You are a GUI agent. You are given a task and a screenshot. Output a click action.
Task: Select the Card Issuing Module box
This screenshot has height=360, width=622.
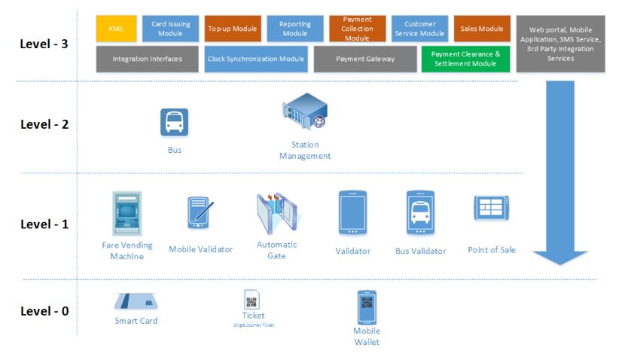[171, 29]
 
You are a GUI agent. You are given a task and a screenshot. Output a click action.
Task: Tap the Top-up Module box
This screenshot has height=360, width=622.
[233, 29]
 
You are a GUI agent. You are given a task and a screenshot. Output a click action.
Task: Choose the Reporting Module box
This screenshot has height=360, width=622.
[294, 29]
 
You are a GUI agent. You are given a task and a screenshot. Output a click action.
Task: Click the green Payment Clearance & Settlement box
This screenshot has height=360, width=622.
[466, 59]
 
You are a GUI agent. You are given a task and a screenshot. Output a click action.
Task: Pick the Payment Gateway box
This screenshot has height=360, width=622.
[364, 59]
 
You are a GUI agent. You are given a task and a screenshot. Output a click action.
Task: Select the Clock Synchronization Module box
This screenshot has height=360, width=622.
[255, 59]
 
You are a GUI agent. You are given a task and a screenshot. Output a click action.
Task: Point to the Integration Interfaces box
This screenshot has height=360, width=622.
[147, 59]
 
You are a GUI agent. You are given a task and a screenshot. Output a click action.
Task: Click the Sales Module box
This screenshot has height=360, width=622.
[482, 29]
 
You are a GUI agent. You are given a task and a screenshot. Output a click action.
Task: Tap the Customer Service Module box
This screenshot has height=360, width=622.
[419, 29]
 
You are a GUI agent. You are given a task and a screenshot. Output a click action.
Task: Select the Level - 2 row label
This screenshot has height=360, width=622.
[44, 124]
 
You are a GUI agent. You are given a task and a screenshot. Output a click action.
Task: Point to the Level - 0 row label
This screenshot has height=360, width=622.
[44, 310]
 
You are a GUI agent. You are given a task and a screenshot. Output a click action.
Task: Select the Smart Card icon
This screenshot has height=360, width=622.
[136, 303]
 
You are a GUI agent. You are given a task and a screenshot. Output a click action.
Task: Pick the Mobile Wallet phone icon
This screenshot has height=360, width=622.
[367, 307]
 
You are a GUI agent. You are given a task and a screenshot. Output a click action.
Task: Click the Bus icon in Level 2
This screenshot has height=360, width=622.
[174, 123]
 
